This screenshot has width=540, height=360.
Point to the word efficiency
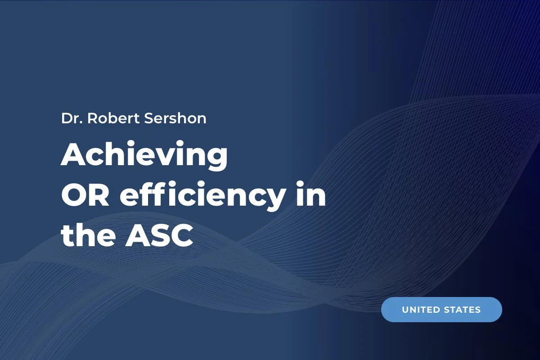point(201,198)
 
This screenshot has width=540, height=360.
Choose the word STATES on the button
point(462,310)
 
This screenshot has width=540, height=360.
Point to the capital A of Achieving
point(72,156)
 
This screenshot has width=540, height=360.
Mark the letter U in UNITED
point(405,310)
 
